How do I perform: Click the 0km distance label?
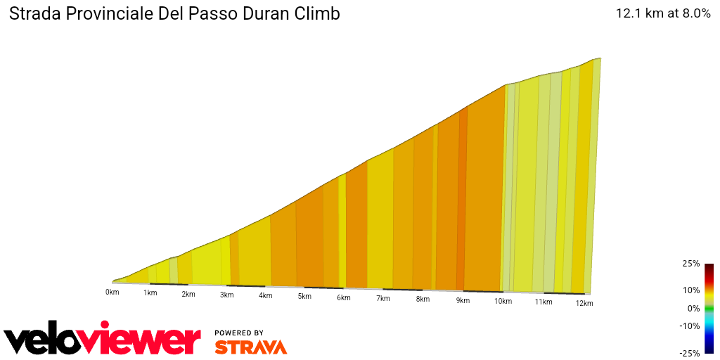112,291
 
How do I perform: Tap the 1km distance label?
150,292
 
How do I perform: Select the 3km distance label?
226,295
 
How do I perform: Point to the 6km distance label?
343,297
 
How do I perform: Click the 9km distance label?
463,300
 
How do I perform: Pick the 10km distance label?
502,301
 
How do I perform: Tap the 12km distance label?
584,303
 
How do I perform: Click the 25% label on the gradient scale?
690,264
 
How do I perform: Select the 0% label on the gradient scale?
693,308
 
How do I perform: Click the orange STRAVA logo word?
250,347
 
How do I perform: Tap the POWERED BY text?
239,333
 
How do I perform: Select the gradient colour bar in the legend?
709,308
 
